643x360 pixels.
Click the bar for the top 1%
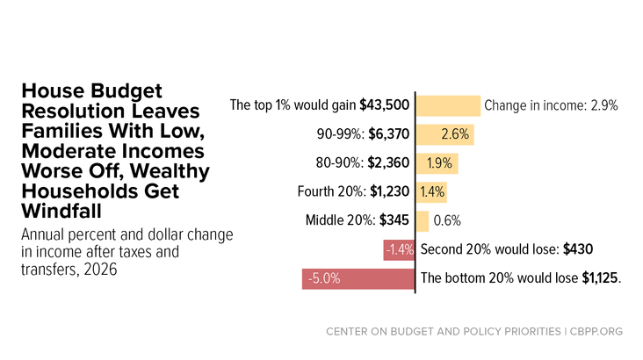click(448, 105)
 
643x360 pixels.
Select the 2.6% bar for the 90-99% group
click(445, 134)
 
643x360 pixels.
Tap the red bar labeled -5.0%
click(358, 279)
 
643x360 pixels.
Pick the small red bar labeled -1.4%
click(399, 250)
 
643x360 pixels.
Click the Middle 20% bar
click(423, 221)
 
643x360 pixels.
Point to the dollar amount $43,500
click(384, 105)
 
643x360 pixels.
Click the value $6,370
click(389, 134)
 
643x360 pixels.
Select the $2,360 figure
click(388, 162)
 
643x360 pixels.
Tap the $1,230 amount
click(389, 191)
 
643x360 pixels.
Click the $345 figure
click(394, 220)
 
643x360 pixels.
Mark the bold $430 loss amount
click(578, 249)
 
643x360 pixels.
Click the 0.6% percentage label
click(447, 221)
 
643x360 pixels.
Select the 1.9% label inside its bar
click(439, 163)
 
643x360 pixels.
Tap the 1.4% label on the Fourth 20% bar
click(432, 192)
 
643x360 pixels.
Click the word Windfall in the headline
click(61, 211)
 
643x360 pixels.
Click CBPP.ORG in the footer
click(596, 331)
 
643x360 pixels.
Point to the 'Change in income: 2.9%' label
click(551, 105)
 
